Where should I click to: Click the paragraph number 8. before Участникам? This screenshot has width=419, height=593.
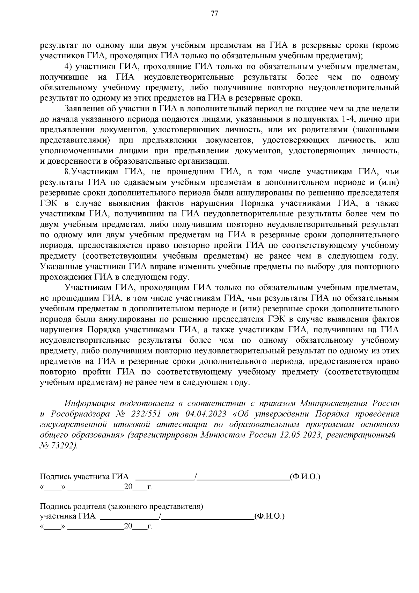click(68, 172)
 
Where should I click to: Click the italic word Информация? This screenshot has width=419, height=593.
click(90, 404)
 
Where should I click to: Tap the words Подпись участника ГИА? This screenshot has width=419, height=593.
click(84, 477)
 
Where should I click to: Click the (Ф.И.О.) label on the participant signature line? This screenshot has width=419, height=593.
click(305, 477)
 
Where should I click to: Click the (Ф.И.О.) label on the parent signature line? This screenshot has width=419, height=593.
click(269, 516)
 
